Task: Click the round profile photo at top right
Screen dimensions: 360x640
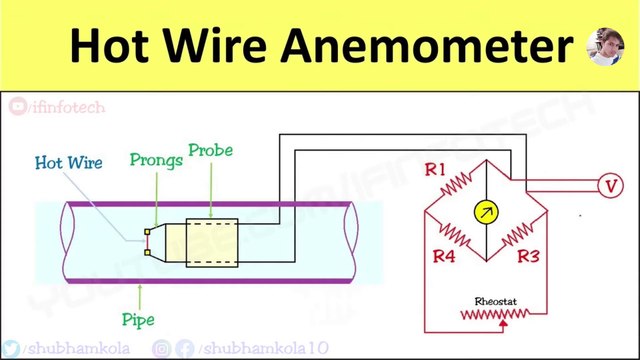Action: pyautogui.click(x=612, y=46)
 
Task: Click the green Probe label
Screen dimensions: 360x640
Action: pyautogui.click(x=210, y=151)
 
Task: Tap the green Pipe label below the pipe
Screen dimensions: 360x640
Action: pyautogui.click(x=138, y=321)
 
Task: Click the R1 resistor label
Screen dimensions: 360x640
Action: pyautogui.click(x=434, y=171)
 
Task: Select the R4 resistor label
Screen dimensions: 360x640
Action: pyautogui.click(x=444, y=257)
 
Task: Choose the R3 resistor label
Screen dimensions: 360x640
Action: pyautogui.click(x=529, y=257)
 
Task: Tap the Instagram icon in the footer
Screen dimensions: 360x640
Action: pyautogui.click(x=160, y=348)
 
